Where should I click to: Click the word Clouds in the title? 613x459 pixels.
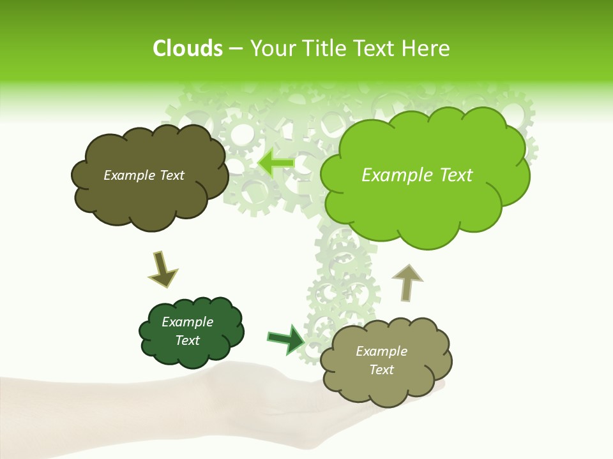pos(187,48)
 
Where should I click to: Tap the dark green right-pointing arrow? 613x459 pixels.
pos(286,339)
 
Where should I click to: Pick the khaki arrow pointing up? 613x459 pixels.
pos(407,280)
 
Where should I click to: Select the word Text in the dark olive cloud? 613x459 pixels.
pos(171,175)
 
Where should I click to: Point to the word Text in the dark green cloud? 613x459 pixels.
pos(188,340)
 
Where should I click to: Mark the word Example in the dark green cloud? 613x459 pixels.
pos(188,322)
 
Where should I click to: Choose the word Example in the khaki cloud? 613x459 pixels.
pos(381,351)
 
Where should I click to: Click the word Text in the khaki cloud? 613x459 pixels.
pos(381,370)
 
